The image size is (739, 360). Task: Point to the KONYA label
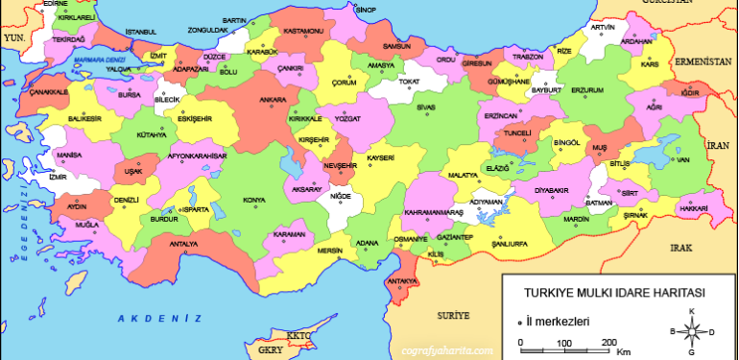pos(254,200)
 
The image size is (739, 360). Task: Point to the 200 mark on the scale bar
pos(608,343)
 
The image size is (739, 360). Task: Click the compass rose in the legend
pos(690,330)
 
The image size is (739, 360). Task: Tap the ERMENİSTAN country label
pos(703,60)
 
